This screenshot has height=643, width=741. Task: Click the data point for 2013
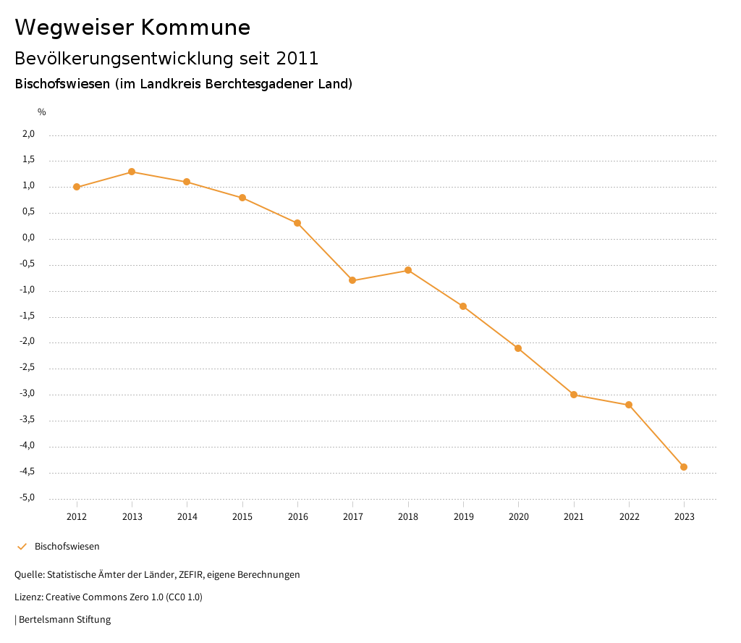132,172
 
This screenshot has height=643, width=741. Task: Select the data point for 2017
352,280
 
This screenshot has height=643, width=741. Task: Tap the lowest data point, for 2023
684,467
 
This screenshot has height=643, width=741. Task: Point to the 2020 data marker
518,348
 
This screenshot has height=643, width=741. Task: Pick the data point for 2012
77,187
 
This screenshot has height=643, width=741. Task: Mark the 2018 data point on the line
408,270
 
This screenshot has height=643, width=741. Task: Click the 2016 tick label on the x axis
297,517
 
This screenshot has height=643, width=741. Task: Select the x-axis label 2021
574,517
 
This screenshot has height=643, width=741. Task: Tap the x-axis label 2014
187,517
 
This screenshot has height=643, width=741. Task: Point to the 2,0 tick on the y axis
28,134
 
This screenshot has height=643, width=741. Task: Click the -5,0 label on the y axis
27,497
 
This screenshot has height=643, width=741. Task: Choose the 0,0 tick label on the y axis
28,238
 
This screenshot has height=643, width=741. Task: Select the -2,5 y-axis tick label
27,368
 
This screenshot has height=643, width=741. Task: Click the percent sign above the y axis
42,112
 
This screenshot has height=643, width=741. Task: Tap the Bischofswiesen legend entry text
67,547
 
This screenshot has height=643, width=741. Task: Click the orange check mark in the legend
22,547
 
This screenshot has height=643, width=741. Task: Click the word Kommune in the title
195,28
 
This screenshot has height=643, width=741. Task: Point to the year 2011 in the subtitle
297,58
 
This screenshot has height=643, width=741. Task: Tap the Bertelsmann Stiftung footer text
64,620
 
